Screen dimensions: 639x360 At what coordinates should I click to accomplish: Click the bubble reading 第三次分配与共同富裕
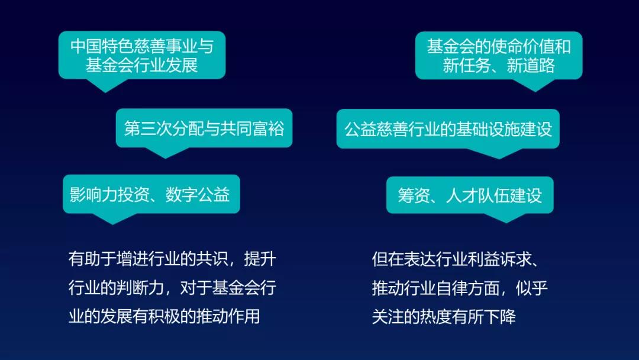pos(204,128)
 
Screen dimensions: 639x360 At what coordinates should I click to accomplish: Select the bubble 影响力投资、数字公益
pos(151,194)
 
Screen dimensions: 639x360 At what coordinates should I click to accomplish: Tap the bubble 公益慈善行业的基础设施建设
pos(448,129)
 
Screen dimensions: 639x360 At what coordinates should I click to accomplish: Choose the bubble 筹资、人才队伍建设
pos(470,195)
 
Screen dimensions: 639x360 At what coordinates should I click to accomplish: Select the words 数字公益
pos(198,194)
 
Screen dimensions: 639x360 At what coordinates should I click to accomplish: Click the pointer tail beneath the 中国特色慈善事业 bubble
pos(105,85)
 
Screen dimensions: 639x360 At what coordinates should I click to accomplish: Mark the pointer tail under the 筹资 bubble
pos(506,218)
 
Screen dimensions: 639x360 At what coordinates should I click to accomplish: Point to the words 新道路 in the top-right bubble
pos(531,65)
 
